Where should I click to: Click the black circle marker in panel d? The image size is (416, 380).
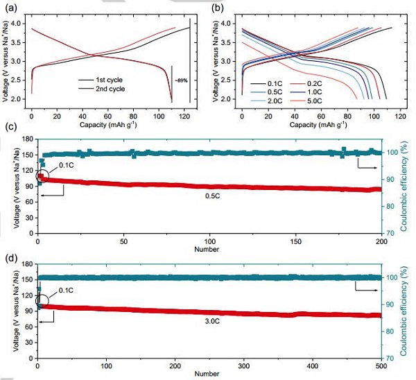tap(41, 303)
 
